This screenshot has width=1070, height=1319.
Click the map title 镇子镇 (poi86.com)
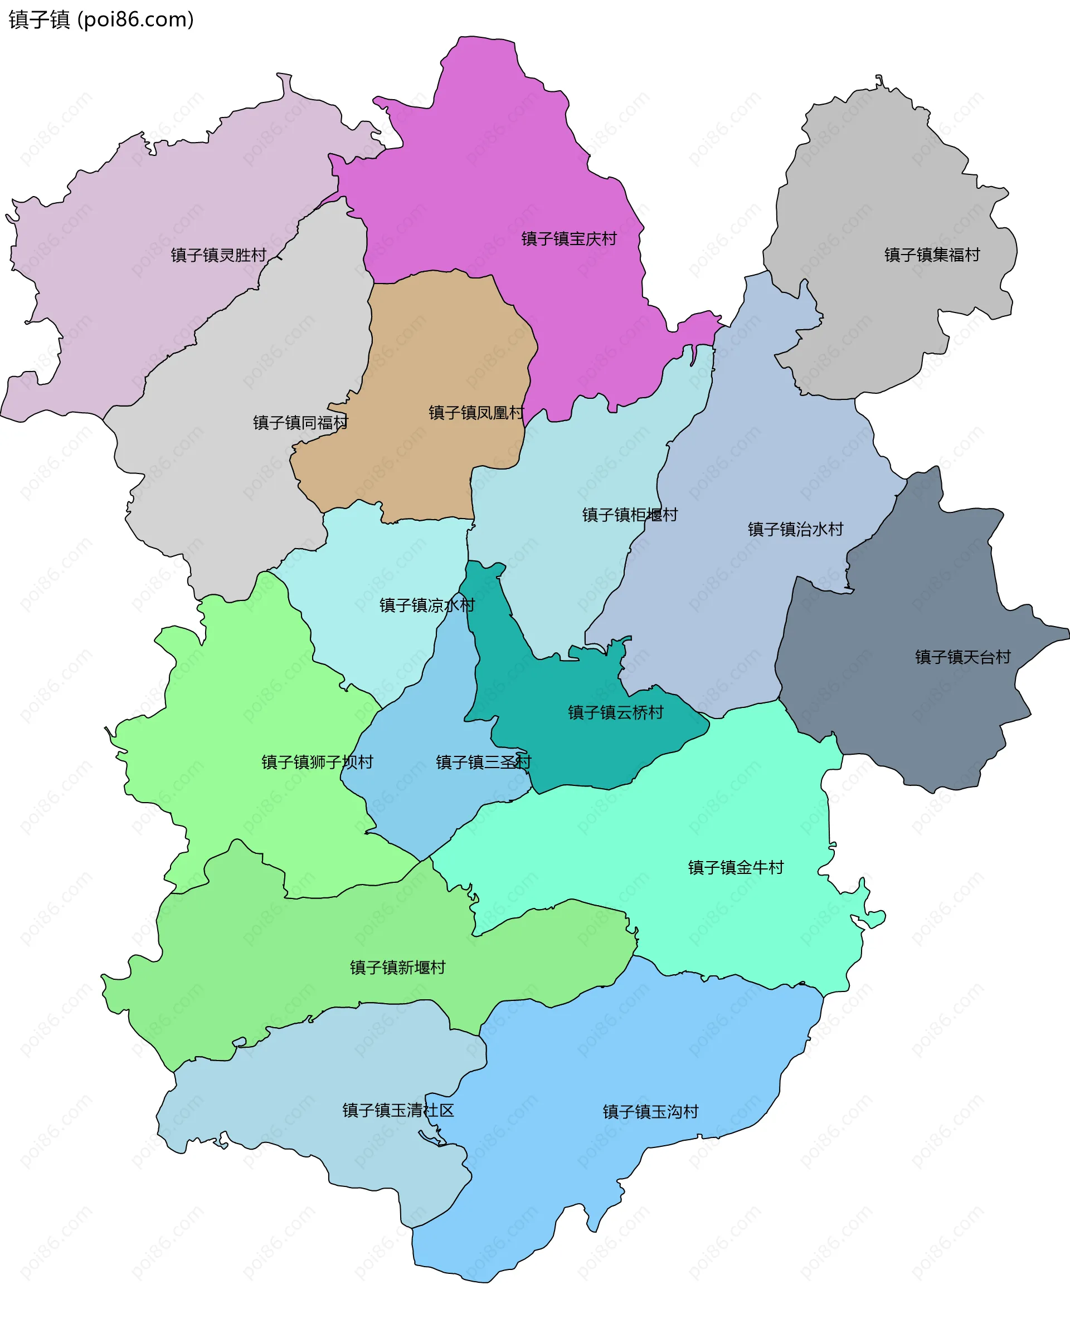click(101, 19)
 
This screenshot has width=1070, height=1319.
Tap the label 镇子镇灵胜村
click(218, 255)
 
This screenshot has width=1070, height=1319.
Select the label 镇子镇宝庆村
click(569, 239)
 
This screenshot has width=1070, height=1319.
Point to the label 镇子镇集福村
click(931, 255)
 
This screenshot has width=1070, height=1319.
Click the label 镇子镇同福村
click(300, 423)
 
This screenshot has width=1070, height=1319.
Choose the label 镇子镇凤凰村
click(476, 413)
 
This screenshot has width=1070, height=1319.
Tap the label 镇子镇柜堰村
click(629, 515)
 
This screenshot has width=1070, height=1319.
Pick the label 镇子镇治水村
click(795, 529)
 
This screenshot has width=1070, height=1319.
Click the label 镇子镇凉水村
click(426, 605)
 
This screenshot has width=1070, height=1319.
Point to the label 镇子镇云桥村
click(615, 713)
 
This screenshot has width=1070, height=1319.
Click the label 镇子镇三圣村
click(483, 763)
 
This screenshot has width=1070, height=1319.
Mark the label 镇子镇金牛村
click(735, 868)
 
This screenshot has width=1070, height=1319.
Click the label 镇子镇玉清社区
click(398, 1111)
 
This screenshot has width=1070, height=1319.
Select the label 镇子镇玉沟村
click(650, 1112)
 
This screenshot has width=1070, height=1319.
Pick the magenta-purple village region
click(493, 154)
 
